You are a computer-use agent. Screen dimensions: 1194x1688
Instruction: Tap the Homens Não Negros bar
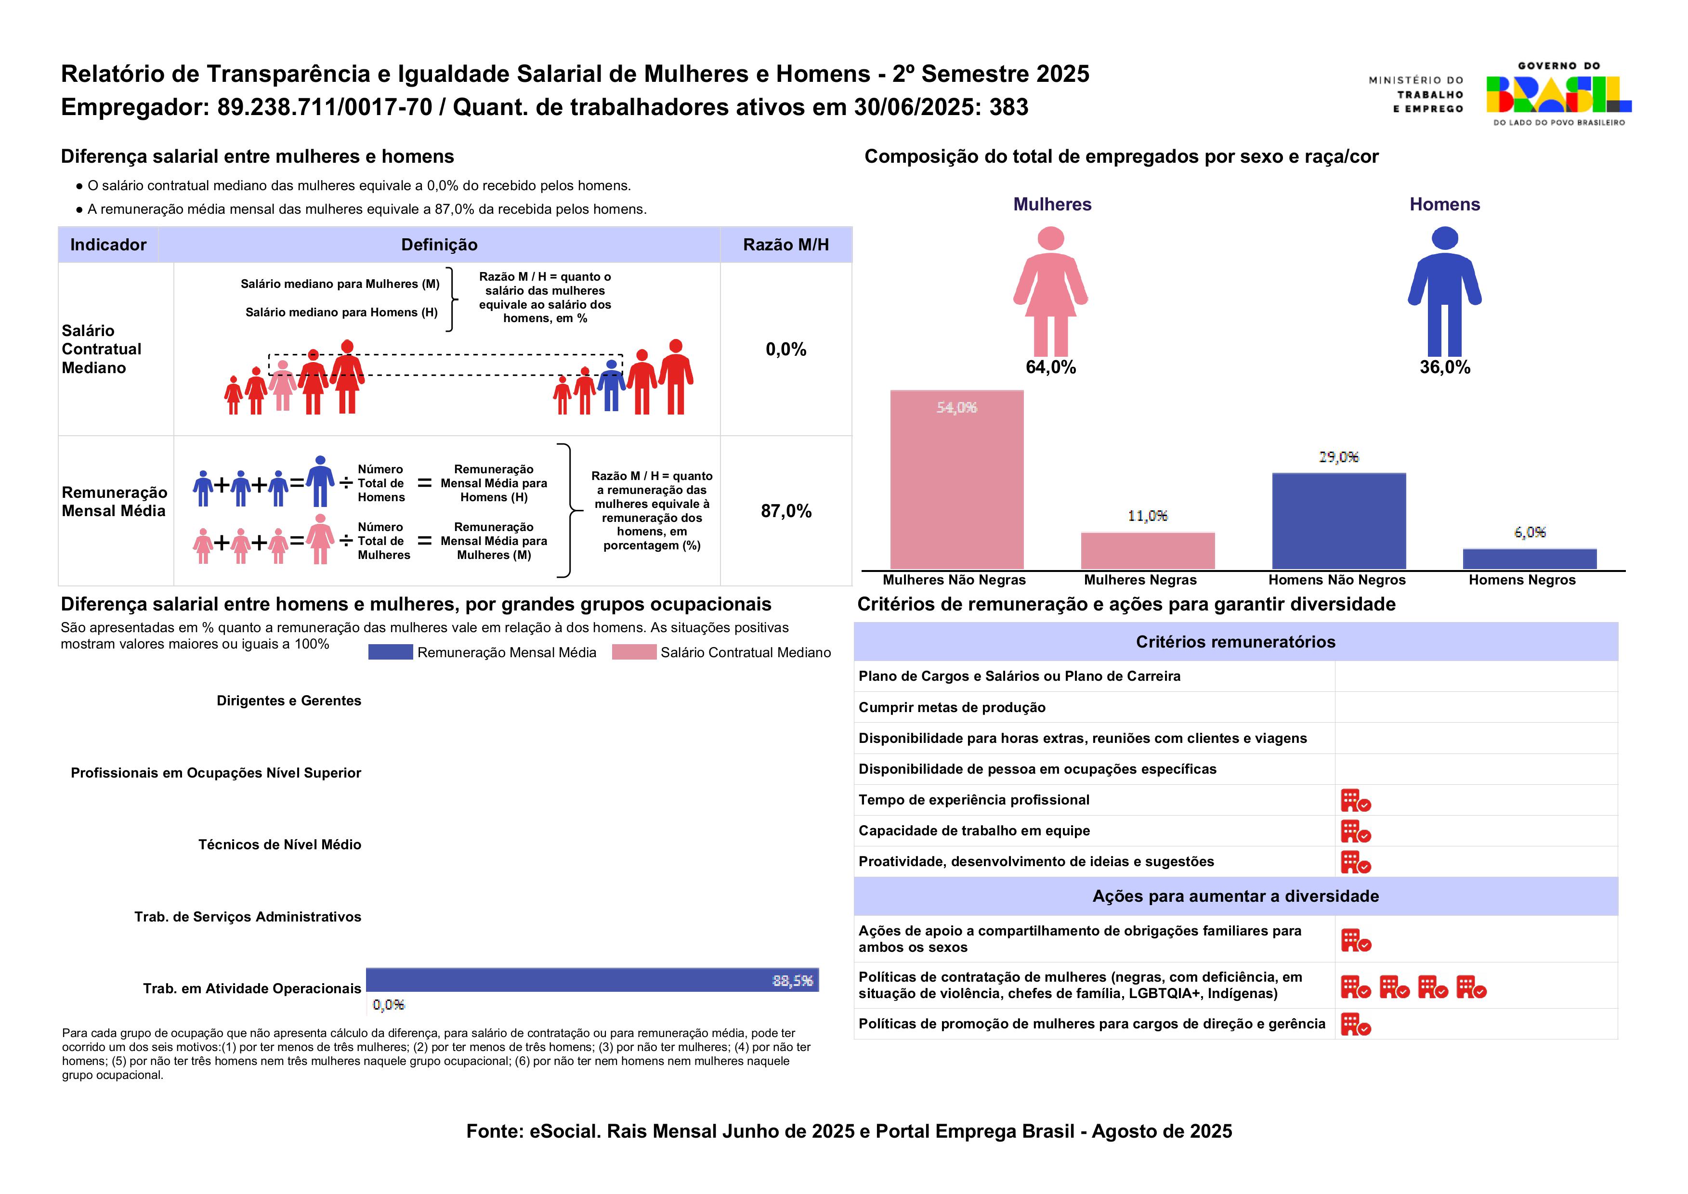[x=1339, y=520]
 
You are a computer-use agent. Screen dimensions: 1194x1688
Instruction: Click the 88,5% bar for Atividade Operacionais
[x=592, y=980]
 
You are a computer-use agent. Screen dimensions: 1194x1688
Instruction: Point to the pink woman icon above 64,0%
[x=1050, y=291]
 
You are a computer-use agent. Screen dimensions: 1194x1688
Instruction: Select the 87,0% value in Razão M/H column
[x=785, y=511]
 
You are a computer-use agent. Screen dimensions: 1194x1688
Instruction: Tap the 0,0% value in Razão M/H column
[x=785, y=349]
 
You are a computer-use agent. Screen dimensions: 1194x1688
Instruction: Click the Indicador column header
[x=108, y=245]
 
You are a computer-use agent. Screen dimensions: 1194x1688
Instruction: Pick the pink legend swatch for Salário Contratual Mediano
[x=633, y=652]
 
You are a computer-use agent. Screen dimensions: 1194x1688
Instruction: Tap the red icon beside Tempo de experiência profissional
[x=1355, y=801]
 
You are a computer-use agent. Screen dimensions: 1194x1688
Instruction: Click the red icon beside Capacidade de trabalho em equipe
[x=1355, y=831]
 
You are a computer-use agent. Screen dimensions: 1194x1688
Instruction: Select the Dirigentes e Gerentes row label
[x=288, y=701]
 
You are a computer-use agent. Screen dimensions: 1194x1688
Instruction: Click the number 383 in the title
[x=1008, y=107]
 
